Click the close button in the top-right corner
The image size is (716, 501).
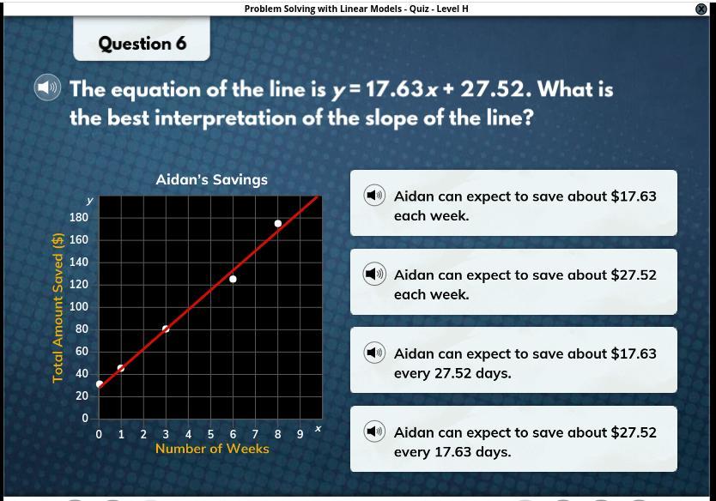701,9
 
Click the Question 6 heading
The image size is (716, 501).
143,44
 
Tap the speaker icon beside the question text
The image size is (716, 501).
47,88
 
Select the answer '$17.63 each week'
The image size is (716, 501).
513,203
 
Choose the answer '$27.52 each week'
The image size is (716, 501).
513,281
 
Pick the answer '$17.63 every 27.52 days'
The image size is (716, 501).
513,360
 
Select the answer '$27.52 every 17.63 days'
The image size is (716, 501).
513,439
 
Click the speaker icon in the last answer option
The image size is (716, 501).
374,432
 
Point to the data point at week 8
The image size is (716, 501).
277,224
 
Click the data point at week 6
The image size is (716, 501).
233,279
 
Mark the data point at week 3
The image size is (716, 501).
166,329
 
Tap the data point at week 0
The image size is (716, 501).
100,384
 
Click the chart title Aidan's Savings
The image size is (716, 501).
212,179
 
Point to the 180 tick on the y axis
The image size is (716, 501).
78,217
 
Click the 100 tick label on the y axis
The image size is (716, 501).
78,306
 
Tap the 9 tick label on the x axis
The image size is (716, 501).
300,434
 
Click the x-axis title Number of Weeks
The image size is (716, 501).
212,449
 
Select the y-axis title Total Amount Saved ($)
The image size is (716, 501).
58,308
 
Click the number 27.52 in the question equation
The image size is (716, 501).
492,89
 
